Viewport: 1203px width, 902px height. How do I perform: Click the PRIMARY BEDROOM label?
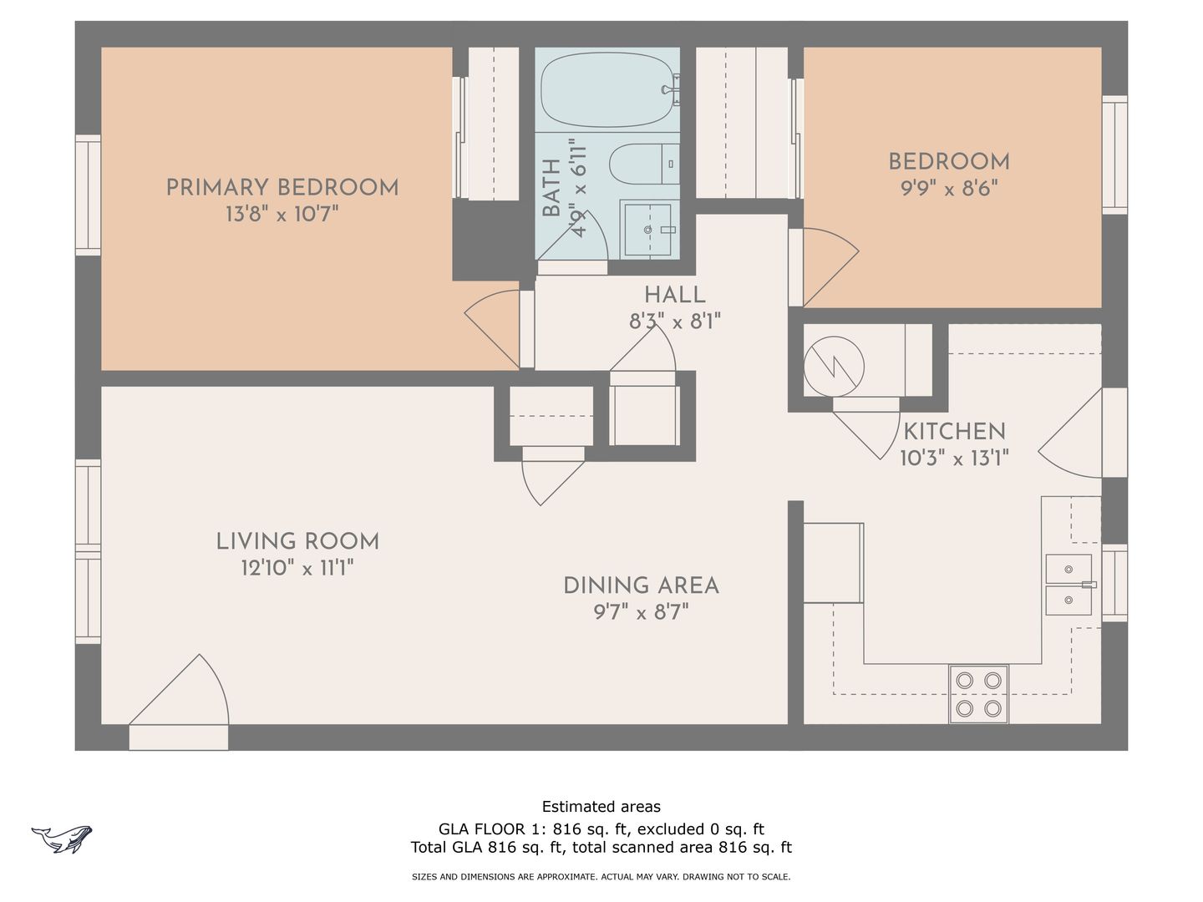(282, 188)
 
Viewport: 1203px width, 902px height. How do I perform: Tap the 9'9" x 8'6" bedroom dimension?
(949, 189)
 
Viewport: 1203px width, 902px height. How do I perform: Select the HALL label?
(675, 295)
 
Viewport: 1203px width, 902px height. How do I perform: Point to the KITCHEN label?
(954, 432)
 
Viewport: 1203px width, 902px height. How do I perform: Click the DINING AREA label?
(642, 586)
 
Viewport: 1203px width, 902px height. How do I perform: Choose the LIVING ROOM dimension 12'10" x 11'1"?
(297, 568)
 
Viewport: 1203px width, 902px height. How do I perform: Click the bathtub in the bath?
(607, 90)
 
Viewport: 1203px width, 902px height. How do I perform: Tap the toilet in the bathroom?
(644, 164)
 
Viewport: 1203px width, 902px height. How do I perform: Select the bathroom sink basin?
(647, 230)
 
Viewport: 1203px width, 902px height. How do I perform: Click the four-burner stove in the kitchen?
(978, 694)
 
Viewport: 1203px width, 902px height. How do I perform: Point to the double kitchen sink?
(1068, 585)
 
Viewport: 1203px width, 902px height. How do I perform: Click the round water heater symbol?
(834, 367)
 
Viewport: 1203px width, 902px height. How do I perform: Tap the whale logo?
(61, 839)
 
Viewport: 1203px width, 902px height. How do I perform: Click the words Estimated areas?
(601, 807)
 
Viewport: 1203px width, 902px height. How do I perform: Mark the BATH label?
(551, 188)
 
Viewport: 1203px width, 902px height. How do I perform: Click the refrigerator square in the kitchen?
(833, 563)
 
